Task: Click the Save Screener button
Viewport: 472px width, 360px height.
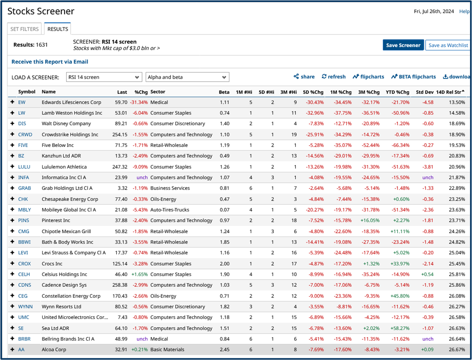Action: [x=403, y=45]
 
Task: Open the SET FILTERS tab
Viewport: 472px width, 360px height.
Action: [x=25, y=29]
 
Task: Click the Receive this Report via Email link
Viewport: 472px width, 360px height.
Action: [x=50, y=62]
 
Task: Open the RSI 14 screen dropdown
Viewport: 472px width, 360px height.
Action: [x=104, y=77]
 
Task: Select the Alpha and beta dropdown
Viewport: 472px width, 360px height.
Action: [x=187, y=77]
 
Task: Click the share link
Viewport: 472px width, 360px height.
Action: [x=304, y=77]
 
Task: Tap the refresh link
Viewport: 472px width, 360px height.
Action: [x=333, y=77]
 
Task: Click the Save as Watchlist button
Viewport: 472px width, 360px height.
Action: [x=448, y=45]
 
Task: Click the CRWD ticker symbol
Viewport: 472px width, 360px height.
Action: [x=25, y=134]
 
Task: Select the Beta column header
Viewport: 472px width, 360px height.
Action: [x=224, y=92]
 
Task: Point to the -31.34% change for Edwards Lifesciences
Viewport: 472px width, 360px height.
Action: [x=139, y=102]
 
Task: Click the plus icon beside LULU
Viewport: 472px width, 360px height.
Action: [x=12, y=167]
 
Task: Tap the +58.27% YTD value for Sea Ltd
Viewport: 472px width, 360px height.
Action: [x=400, y=328]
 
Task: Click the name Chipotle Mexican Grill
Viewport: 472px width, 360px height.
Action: [x=66, y=231]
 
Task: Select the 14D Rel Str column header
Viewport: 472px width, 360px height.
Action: [x=450, y=92]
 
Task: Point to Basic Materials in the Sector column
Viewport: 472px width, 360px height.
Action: [x=167, y=349]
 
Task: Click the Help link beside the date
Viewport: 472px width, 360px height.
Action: [x=464, y=12]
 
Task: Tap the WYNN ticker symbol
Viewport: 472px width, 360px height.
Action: [x=26, y=306]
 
